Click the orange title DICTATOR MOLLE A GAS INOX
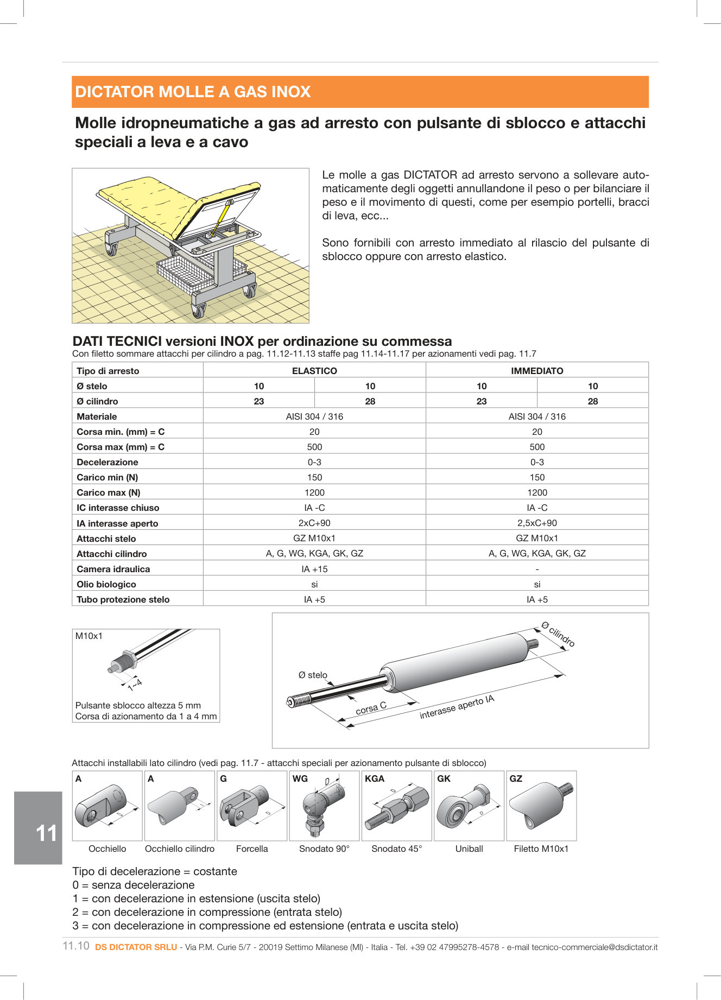193,92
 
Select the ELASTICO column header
314,371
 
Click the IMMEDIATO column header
537,371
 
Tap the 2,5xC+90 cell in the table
537,523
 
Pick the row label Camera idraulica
113,569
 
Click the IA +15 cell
314,569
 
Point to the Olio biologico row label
106,584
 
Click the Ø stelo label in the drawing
313,675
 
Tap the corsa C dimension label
371,708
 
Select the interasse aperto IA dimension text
457,707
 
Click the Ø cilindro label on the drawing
559,634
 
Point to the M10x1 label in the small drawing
89,636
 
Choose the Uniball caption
469,849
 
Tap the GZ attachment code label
516,779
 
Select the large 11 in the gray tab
46,833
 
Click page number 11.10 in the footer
76,946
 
